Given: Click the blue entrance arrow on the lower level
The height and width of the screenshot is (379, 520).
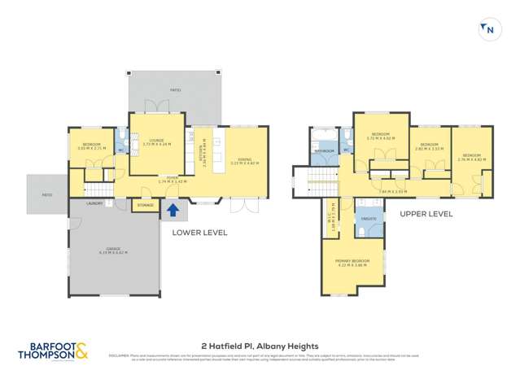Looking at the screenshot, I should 173,211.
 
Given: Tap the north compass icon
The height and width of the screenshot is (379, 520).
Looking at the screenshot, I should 489,30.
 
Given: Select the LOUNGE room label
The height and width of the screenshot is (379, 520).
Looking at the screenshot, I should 157,140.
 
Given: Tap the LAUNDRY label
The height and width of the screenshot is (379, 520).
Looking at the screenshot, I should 94,203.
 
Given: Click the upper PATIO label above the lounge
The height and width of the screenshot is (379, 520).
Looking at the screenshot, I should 175,90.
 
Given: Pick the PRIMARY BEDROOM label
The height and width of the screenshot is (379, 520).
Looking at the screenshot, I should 352,260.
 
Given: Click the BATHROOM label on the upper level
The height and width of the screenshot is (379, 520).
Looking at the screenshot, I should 325,150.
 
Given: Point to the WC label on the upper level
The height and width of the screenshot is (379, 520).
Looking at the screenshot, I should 345,150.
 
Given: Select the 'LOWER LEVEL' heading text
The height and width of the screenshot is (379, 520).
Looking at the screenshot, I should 199,233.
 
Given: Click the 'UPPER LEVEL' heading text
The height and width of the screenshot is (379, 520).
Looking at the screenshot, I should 426,214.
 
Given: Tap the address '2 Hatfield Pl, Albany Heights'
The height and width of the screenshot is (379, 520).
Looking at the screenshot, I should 260,346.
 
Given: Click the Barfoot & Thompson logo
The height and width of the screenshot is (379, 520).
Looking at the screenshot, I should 53,350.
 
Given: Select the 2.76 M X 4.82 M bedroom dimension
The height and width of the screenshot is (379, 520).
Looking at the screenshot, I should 471,159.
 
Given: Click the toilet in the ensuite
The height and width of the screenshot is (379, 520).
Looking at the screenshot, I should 361,232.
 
